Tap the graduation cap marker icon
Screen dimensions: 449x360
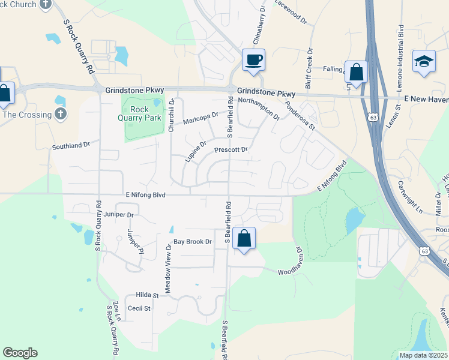click(424, 62)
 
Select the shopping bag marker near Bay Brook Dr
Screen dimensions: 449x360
click(244, 239)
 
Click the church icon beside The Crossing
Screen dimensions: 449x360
click(59, 113)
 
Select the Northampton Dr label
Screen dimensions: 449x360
click(259, 107)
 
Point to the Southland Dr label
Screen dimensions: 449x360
click(71, 145)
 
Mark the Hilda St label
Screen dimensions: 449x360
click(146, 295)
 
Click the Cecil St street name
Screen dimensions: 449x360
click(138, 308)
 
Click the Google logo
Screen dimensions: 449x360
click(20, 353)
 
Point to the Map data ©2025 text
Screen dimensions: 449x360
click(423, 355)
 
